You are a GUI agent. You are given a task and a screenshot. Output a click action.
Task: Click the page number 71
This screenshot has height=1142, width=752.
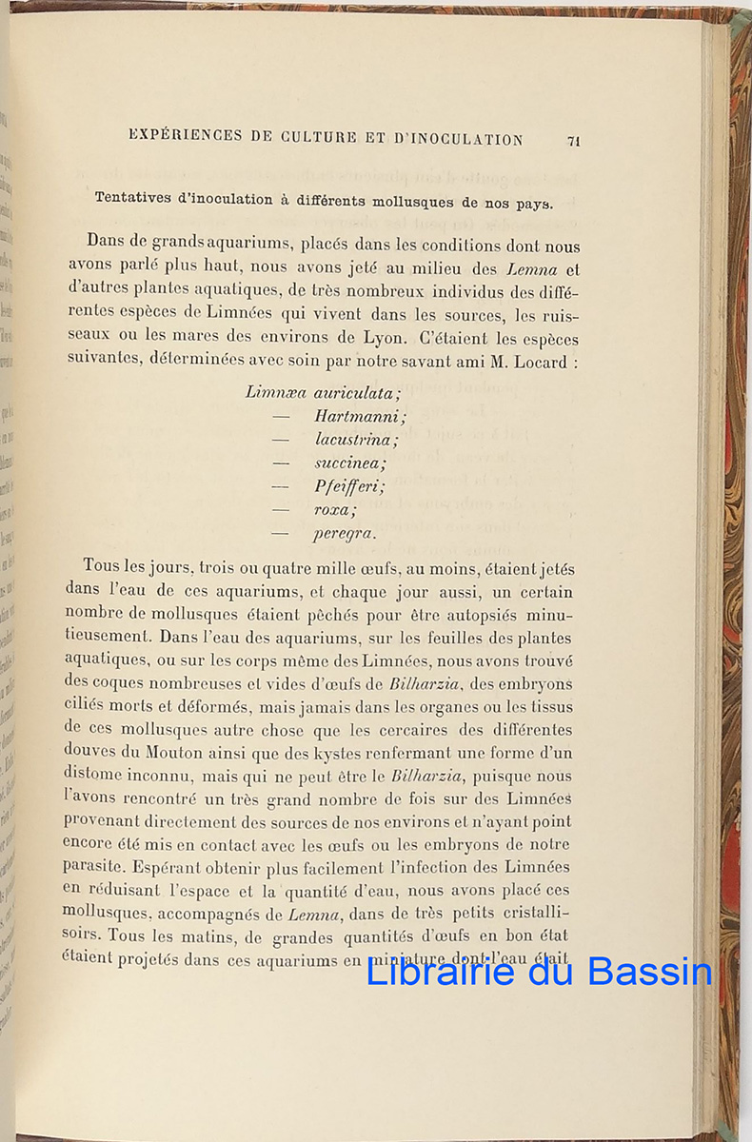(573, 141)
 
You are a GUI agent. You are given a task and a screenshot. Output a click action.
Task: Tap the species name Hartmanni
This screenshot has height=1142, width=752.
(360, 415)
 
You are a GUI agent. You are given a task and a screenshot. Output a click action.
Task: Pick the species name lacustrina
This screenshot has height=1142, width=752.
(356, 439)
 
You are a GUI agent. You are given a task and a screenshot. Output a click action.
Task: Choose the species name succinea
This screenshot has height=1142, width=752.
(350, 463)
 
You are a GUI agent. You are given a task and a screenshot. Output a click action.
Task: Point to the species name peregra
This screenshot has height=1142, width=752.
(344, 534)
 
